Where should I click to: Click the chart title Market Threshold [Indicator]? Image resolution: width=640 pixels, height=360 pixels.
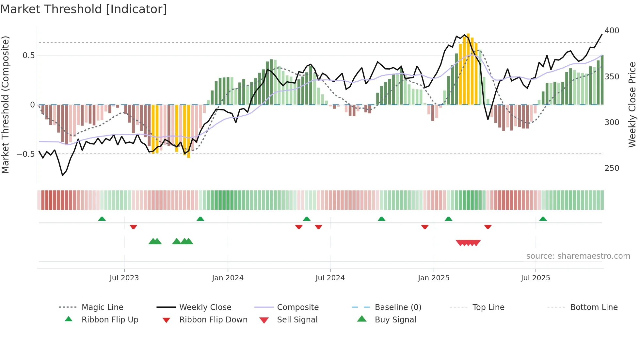[84, 9]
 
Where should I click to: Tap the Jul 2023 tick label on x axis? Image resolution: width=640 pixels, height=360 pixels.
[124, 278]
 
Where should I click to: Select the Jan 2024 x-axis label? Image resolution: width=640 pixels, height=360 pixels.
[228, 278]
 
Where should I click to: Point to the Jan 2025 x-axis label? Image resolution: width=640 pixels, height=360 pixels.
[434, 278]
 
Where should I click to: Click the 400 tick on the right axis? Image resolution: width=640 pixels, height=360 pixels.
[612, 31]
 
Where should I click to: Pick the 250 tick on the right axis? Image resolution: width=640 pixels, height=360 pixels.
[612, 168]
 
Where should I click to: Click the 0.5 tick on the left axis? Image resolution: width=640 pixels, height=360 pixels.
[28, 56]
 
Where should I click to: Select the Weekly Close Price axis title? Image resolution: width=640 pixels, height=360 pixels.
[632, 105]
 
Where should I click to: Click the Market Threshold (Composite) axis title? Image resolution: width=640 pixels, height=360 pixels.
[5, 105]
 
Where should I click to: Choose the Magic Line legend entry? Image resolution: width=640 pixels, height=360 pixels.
[102, 307]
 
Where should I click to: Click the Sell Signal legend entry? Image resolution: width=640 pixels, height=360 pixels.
[297, 320]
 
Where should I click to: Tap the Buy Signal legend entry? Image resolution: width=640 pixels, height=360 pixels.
[395, 320]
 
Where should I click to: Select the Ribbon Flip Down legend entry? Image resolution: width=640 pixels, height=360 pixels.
[213, 320]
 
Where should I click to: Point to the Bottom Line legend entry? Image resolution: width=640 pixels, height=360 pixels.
[594, 307]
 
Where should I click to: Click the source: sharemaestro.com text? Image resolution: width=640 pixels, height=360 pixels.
[578, 256]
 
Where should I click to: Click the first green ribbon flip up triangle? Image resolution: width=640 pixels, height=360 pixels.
[102, 219]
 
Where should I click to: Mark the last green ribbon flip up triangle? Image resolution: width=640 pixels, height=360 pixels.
[543, 219]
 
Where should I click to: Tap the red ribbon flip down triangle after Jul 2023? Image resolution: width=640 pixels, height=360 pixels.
[133, 227]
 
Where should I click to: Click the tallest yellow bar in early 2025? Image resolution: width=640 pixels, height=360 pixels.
[468, 69]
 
